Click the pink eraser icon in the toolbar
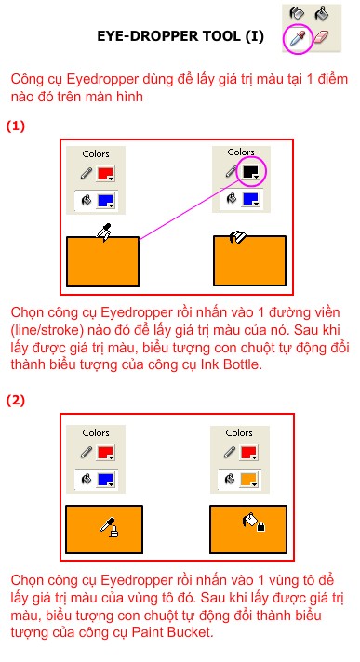pos(323,37)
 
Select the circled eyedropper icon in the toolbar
pos(299,38)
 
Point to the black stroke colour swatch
pos(251,171)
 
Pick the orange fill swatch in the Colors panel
pos(249,480)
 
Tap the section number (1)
pos(16,126)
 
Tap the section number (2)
pos(16,400)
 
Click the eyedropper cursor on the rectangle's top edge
pos(104,232)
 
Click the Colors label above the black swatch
pos(241,152)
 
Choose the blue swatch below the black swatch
pos(249,199)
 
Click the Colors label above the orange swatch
pos(239,432)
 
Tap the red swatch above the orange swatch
pos(249,453)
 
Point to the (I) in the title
pos(254,36)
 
